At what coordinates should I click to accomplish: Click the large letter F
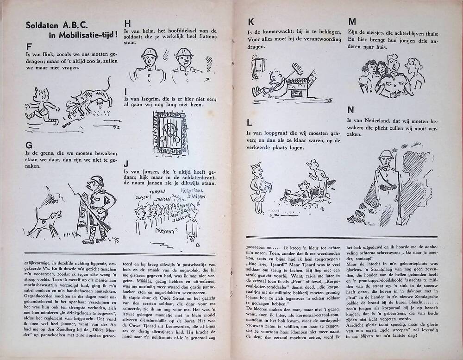click(x=29, y=47)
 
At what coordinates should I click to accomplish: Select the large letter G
click(x=30, y=145)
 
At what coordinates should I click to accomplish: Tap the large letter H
click(x=127, y=23)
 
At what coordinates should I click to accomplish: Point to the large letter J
click(x=126, y=164)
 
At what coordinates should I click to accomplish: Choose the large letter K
click(x=251, y=22)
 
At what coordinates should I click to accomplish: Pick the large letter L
click(x=250, y=123)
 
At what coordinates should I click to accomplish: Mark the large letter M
click(x=352, y=22)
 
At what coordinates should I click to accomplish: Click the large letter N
click(x=351, y=110)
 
